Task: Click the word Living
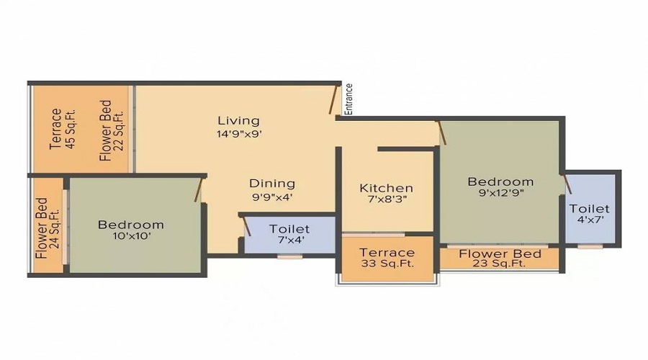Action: click(x=238, y=120)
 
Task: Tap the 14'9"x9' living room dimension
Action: click(x=238, y=133)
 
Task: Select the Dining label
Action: click(x=272, y=183)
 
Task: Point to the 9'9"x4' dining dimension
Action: click(x=272, y=196)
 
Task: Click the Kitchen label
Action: click(x=387, y=188)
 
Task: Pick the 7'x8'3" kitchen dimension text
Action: click(x=387, y=200)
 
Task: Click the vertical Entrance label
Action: click(x=349, y=99)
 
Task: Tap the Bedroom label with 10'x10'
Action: click(x=131, y=225)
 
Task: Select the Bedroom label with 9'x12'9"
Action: click(x=500, y=181)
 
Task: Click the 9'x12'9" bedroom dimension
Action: click(x=500, y=194)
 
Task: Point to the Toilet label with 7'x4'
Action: click(x=289, y=229)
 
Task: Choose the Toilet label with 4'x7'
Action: click(x=590, y=209)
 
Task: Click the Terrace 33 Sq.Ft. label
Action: click(x=387, y=258)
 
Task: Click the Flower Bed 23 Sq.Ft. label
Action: click(x=500, y=258)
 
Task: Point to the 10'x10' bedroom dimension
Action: click(x=131, y=236)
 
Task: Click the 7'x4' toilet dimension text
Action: click(x=289, y=241)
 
